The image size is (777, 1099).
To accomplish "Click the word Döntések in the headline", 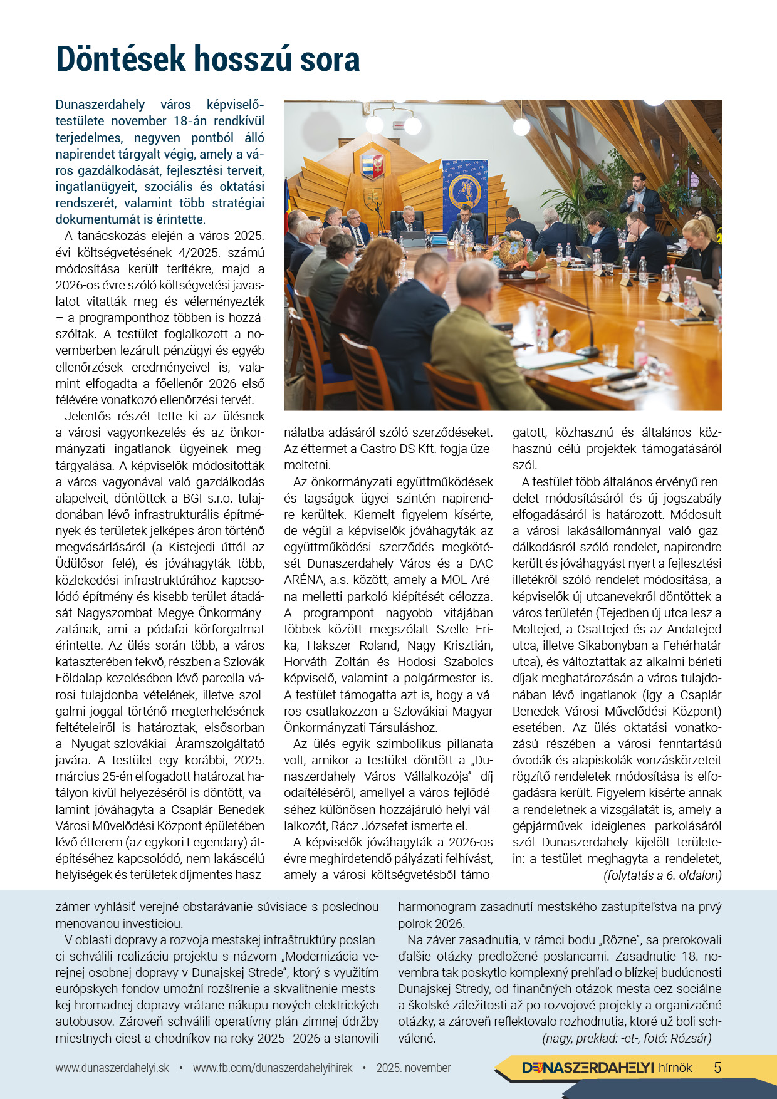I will [x=121, y=60].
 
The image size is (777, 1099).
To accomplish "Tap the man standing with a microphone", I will [x=639, y=199].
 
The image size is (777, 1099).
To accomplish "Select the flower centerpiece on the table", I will [x=514, y=251].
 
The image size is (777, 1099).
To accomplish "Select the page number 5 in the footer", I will [x=717, y=1068].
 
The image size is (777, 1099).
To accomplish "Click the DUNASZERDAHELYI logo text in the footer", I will [x=588, y=1068].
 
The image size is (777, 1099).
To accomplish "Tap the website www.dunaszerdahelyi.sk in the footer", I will [x=112, y=1068].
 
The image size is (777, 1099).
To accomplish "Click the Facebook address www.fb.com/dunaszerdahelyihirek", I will [x=273, y=1068].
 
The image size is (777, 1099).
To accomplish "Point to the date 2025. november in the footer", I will [x=414, y=1068].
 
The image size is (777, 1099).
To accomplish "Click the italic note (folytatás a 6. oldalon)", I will [x=662, y=875].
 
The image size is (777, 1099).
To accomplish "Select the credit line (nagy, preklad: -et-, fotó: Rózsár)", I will [x=627, y=1038].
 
